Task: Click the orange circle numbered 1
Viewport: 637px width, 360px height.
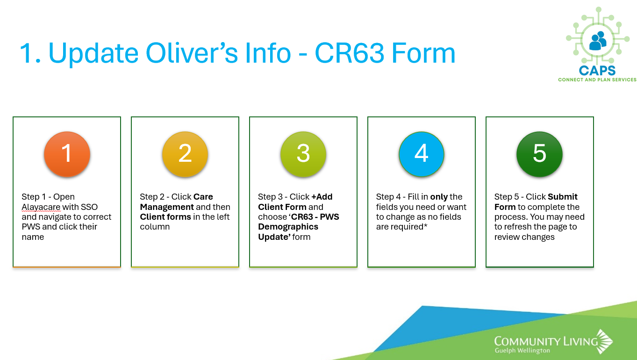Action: click(x=67, y=154)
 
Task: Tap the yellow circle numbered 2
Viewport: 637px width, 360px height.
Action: click(x=185, y=154)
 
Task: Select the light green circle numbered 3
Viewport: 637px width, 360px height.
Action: click(x=303, y=154)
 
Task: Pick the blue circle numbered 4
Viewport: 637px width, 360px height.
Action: click(x=422, y=154)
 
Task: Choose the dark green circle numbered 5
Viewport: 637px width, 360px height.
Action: click(x=539, y=154)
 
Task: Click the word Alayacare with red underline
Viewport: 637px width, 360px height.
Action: click(x=41, y=207)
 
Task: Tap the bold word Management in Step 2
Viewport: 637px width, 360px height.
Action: click(x=167, y=207)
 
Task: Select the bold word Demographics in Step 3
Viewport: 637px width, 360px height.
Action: click(x=288, y=227)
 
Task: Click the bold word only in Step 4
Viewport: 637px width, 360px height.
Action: click(x=439, y=197)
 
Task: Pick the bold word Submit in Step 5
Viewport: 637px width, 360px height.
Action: click(x=563, y=197)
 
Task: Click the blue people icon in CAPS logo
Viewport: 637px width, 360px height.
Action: click(x=598, y=41)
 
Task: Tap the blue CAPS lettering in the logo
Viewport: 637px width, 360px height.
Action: click(x=597, y=71)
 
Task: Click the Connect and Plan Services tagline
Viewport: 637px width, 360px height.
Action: click(x=597, y=79)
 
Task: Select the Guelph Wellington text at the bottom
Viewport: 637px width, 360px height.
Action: click(x=522, y=351)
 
